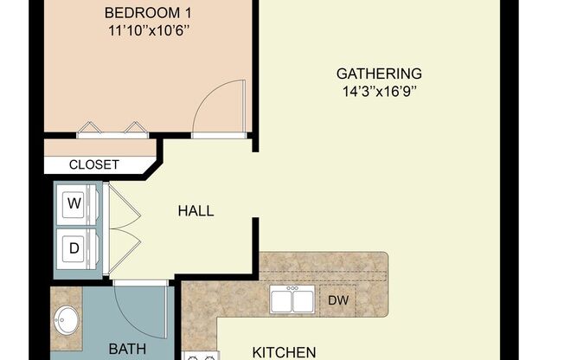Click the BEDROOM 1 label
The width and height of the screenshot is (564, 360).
pyautogui.click(x=146, y=13)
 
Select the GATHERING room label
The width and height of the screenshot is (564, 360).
pyautogui.click(x=379, y=74)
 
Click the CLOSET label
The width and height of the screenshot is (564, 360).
pyautogui.click(x=93, y=164)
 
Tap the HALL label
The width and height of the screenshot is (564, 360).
pyautogui.click(x=195, y=210)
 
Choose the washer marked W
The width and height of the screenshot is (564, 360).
pyautogui.click(x=75, y=203)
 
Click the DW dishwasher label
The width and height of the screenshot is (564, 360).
pyautogui.click(x=337, y=300)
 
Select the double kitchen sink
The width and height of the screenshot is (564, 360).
pyautogui.click(x=292, y=300)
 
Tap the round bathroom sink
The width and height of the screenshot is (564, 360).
pyautogui.click(x=66, y=322)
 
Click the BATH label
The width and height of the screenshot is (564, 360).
pyautogui.click(x=126, y=349)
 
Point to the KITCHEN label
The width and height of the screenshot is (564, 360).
pyautogui.click(x=284, y=351)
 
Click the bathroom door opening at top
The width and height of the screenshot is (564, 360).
pyautogui.click(x=139, y=283)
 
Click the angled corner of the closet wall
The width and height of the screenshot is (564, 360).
pyautogui.click(x=153, y=163)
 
